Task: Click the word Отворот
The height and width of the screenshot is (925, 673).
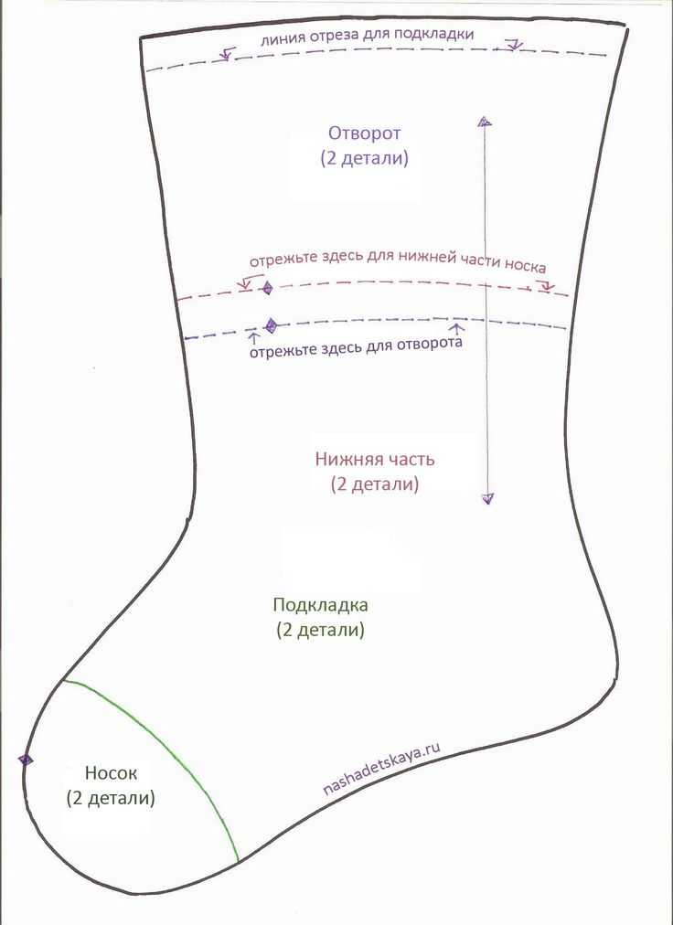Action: tap(364, 133)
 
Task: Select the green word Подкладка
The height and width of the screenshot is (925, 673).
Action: tap(321, 605)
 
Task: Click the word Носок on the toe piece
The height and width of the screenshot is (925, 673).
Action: tap(111, 772)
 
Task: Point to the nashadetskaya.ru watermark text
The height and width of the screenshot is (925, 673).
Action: tap(382, 769)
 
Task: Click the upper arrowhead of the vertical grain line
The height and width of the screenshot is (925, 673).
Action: tap(485, 122)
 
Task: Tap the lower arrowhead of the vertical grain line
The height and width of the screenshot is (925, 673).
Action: tap(487, 499)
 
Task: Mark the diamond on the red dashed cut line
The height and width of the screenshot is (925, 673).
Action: tap(267, 288)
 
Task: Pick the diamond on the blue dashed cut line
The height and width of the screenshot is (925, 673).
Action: tap(271, 325)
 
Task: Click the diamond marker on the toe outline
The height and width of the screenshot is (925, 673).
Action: tap(25, 760)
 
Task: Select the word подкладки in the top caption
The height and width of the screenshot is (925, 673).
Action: tap(434, 35)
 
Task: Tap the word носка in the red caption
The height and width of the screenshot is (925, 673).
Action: tap(524, 266)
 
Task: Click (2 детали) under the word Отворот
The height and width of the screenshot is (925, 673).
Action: tap(364, 159)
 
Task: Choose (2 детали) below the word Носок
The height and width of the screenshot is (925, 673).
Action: tap(111, 798)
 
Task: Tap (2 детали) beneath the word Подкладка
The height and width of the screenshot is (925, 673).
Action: tap(321, 630)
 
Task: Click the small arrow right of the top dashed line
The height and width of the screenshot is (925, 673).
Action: tap(514, 44)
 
